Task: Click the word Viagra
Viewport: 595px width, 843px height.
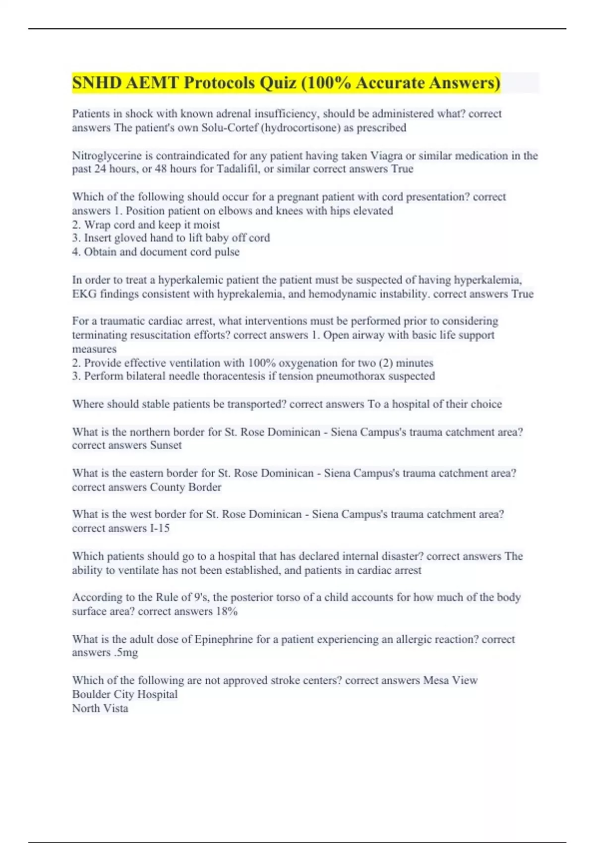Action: tap(386, 156)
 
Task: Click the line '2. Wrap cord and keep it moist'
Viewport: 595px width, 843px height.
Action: tap(146, 225)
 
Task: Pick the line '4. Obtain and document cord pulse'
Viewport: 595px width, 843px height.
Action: tap(156, 252)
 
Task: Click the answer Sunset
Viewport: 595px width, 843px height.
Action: tap(166, 445)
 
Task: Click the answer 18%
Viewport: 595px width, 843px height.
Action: tap(227, 611)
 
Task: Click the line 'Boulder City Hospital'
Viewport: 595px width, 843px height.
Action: tap(125, 694)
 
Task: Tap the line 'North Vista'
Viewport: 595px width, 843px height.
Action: tap(100, 708)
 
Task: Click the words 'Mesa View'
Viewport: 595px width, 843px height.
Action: tap(450, 680)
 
